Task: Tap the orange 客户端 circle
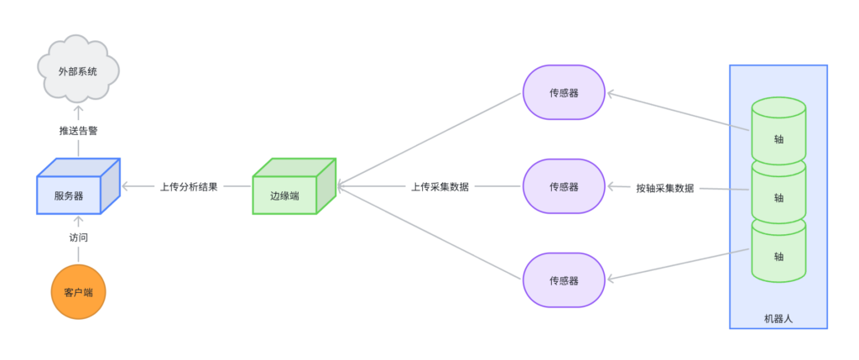point(78,292)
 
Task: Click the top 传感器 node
point(564,92)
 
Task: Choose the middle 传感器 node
point(564,186)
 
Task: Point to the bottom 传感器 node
point(564,279)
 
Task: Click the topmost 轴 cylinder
point(778,133)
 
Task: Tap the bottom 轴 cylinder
point(778,255)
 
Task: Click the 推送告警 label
point(78,131)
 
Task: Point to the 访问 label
point(78,237)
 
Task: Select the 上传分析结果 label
point(189,187)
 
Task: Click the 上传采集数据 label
point(440,187)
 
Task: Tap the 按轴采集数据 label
point(665,188)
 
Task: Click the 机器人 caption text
point(778,318)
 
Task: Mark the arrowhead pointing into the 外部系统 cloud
point(78,109)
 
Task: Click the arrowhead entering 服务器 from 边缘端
point(127,186)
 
